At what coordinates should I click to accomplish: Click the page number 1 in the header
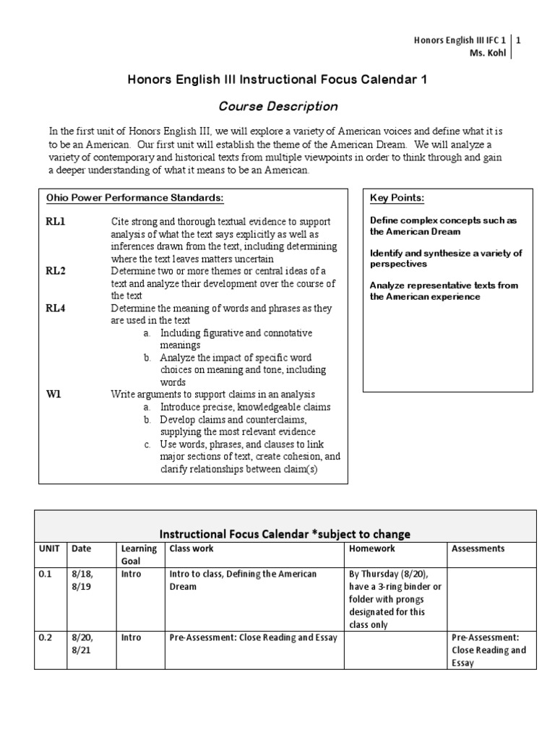click(517, 40)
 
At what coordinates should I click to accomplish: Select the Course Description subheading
click(277, 106)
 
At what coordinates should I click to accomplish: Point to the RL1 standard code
click(56, 221)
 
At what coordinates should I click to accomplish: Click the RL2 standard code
click(56, 271)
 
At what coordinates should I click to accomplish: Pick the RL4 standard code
click(56, 309)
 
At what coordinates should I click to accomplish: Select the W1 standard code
click(54, 394)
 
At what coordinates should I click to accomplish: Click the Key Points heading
click(397, 198)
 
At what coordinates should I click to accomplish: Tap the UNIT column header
click(49, 548)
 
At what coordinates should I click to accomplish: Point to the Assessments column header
click(478, 548)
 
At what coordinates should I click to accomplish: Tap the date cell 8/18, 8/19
click(82, 580)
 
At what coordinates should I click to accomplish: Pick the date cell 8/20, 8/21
click(82, 643)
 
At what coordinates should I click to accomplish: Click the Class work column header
click(192, 548)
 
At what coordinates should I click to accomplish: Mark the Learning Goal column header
click(139, 554)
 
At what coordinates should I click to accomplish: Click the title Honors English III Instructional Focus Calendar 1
click(277, 80)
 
